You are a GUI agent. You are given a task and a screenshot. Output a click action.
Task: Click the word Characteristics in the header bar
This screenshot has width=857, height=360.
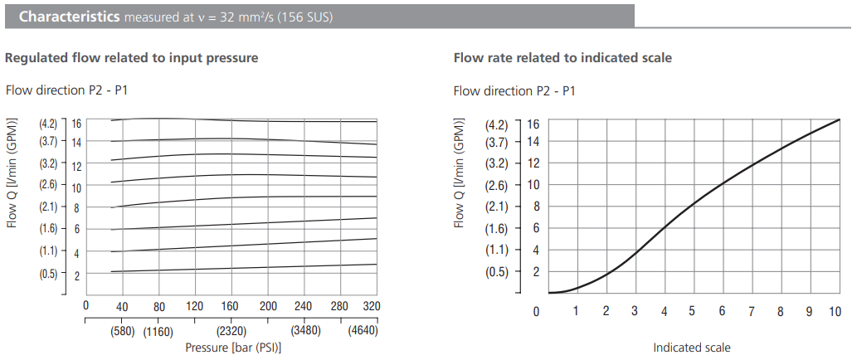(69, 17)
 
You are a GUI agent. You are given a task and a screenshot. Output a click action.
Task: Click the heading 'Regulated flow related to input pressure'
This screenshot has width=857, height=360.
(131, 58)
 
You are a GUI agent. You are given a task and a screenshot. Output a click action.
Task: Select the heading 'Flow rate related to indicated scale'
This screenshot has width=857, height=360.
(562, 58)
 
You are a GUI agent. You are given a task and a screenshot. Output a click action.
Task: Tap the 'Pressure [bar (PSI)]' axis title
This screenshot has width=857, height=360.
(233, 348)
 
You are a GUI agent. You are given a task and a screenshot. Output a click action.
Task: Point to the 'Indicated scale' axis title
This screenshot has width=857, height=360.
(692, 348)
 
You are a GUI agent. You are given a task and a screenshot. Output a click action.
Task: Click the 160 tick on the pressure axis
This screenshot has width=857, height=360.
(230, 306)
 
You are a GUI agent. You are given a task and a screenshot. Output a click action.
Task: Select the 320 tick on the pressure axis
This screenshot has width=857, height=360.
(372, 306)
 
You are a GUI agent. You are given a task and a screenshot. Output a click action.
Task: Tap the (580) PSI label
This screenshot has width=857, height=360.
(124, 332)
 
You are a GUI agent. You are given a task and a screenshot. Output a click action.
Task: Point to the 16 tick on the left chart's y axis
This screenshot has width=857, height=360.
(75, 123)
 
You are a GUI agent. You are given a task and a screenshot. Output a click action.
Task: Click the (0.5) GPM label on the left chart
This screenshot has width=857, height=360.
(48, 275)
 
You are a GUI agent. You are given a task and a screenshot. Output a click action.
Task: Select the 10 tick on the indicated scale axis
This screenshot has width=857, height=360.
(835, 311)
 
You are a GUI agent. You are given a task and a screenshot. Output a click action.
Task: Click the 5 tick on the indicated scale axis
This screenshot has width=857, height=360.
(692, 311)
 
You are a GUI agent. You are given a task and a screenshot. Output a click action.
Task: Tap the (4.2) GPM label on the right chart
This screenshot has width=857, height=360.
(496, 125)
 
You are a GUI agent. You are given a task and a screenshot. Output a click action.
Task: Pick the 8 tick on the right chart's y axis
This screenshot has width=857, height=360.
(534, 207)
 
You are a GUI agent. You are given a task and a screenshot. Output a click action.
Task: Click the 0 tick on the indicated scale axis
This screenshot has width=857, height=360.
(537, 311)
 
